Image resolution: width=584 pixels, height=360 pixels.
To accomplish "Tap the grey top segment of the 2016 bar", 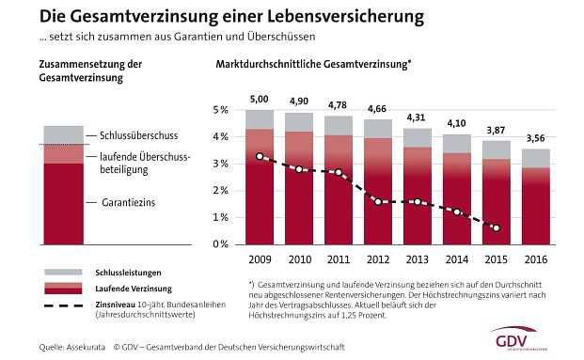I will (536, 158).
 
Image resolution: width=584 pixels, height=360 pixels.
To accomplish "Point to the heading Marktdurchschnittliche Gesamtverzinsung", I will (314, 65).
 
